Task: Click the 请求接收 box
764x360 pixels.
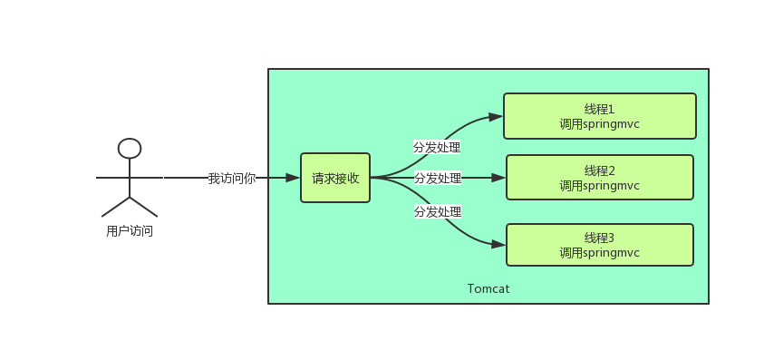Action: (335, 178)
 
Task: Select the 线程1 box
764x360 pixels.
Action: (599, 116)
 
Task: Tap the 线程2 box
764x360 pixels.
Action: (599, 178)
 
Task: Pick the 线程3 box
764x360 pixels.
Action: (599, 245)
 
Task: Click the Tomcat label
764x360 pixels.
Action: (488, 288)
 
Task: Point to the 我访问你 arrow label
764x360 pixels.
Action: (232, 178)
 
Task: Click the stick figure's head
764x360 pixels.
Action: (130, 149)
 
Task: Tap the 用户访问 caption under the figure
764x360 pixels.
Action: (130, 231)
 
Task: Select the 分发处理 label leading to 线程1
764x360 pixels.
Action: (437, 147)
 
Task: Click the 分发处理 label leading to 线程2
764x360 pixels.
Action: (438, 178)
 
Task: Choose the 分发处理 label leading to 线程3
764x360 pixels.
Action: (438, 211)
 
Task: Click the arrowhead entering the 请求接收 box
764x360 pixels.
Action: (293, 178)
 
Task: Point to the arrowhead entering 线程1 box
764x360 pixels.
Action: (496, 116)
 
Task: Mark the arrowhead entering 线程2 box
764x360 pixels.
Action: (498, 178)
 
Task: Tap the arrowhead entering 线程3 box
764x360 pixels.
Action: (498, 245)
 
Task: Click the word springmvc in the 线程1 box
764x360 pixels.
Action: (612, 124)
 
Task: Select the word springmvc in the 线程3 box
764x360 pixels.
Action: (612, 253)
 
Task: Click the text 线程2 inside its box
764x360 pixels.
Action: (599, 170)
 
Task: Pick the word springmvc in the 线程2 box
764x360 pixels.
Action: (612, 186)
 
